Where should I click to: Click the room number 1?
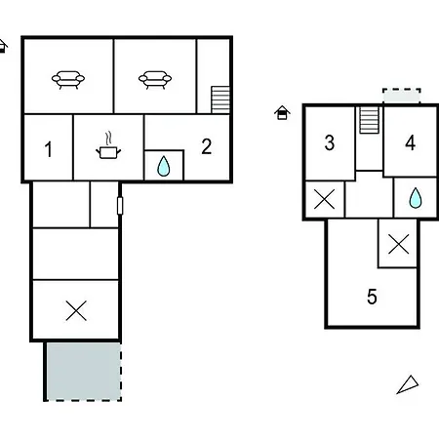(x=49, y=149)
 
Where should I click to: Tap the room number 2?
(x=207, y=146)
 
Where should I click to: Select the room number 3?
(x=330, y=142)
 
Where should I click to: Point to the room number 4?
(x=411, y=142)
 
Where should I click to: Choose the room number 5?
(x=372, y=297)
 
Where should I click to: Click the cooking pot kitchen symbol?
(x=108, y=145)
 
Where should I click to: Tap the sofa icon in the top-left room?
(x=68, y=80)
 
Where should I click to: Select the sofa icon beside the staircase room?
(x=155, y=80)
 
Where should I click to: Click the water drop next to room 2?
(x=164, y=166)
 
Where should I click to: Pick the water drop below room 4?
(x=416, y=198)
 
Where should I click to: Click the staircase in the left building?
(x=220, y=100)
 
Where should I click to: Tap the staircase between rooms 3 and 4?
(x=369, y=120)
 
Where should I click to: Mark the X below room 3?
(x=325, y=199)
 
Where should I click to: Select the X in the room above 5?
(x=399, y=244)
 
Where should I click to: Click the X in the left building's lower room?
(x=76, y=310)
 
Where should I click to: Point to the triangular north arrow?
(x=408, y=384)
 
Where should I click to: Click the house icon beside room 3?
(x=282, y=113)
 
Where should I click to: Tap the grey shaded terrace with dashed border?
(x=84, y=371)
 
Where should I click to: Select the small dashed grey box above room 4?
(x=402, y=97)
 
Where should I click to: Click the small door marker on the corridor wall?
(x=120, y=206)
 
